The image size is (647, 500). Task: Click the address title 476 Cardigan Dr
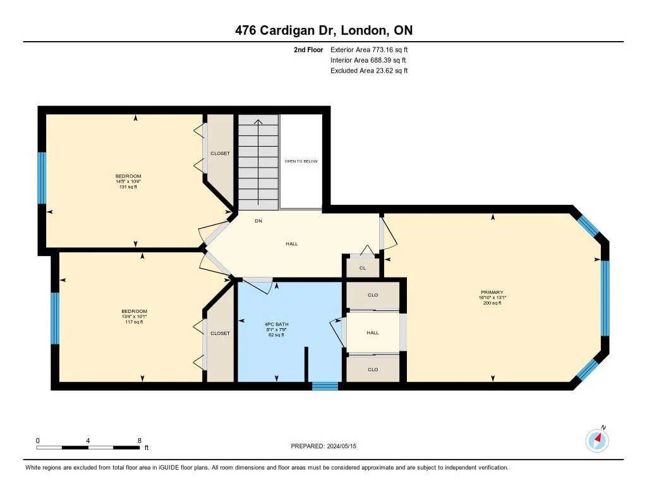click(x=323, y=30)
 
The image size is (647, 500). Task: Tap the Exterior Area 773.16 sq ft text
click(x=373, y=49)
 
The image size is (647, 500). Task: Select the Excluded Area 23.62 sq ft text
click(x=369, y=71)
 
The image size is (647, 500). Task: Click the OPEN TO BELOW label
click(x=301, y=161)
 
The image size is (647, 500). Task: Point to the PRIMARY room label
click(x=491, y=293)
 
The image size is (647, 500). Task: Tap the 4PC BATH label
click(x=274, y=324)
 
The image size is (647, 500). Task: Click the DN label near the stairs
click(x=258, y=221)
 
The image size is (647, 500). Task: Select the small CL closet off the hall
click(x=363, y=268)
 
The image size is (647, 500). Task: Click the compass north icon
click(x=597, y=440)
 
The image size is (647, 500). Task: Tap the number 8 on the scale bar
click(x=139, y=440)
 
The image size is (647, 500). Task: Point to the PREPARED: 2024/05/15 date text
click(x=328, y=446)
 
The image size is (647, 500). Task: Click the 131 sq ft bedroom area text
click(x=128, y=188)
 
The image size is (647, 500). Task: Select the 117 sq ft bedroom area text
click(x=134, y=322)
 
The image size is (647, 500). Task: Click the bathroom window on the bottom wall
click(x=325, y=386)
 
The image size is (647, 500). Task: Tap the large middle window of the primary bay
click(x=605, y=298)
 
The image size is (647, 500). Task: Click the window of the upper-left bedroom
click(x=42, y=178)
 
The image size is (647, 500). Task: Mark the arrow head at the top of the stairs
click(x=258, y=121)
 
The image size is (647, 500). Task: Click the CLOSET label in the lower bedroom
click(x=221, y=333)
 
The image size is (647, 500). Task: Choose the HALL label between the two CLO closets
click(x=373, y=332)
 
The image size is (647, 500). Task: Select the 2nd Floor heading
click(x=309, y=49)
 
